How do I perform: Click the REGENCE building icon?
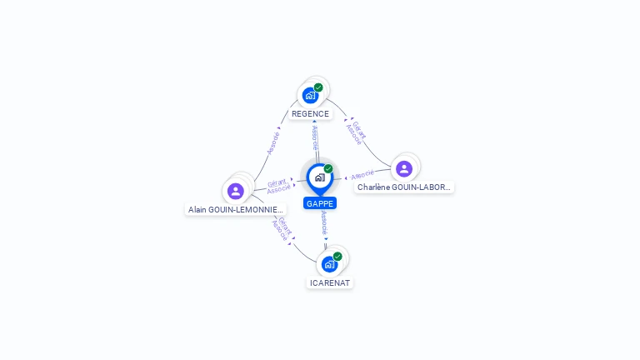(311, 95)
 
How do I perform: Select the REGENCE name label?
(310, 114)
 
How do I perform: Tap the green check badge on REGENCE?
(318, 87)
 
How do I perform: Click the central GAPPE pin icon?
(319, 177)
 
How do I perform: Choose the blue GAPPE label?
(320, 203)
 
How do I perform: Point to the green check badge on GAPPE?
(328, 169)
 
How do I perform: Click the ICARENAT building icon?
(330, 264)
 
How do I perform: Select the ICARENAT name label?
(330, 282)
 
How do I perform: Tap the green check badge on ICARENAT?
(337, 257)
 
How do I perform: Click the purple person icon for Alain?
(236, 191)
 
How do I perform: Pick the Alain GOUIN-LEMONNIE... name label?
(236, 210)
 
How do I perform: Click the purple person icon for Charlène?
(404, 169)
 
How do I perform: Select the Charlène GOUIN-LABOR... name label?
(404, 187)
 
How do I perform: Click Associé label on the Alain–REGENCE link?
(273, 142)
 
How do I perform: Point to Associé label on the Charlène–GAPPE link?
(362, 175)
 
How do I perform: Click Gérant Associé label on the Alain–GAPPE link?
(278, 186)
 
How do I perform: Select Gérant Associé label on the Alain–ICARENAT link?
(282, 227)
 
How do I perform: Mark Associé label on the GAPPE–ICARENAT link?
(324, 222)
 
